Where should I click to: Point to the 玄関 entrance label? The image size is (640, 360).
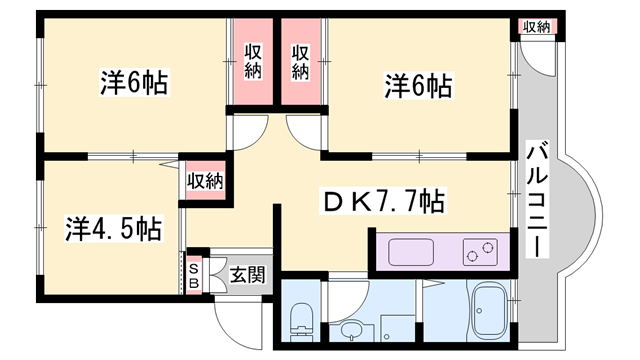point(247,273)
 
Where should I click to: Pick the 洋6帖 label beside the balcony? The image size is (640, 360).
point(419,87)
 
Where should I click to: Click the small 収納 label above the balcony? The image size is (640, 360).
point(535,27)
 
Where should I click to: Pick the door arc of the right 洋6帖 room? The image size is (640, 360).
point(301,131)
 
